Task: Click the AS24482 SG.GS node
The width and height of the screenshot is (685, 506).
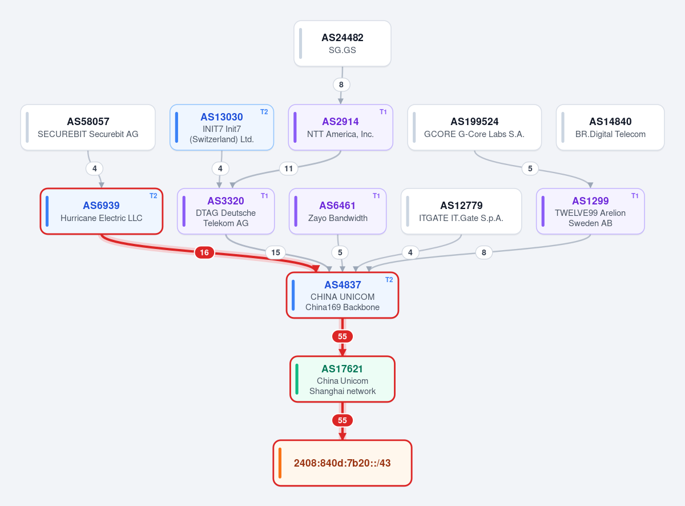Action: pyautogui.click(x=342, y=43)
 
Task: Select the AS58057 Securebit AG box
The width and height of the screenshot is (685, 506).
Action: pyautogui.click(x=88, y=127)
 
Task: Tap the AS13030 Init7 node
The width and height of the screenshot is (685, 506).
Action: pyautogui.click(x=221, y=127)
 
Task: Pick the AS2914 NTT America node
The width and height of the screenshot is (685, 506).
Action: pyautogui.click(x=340, y=127)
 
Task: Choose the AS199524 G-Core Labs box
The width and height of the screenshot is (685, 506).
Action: pyautogui.click(x=474, y=127)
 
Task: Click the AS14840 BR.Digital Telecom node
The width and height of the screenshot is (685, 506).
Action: pyautogui.click(x=610, y=127)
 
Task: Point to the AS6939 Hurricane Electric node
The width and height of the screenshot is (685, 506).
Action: pyautogui.click(x=101, y=211)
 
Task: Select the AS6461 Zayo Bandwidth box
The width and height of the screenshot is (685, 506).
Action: pyautogui.click(x=337, y=211)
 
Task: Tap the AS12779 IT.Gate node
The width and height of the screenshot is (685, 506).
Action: pyautogui.click(x=461, y=211)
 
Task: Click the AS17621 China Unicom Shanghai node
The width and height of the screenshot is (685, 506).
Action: pyautogui.click(x=342, y=379)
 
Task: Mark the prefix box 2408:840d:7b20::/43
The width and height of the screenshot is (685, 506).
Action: pyautogui.click(x=342, y=463)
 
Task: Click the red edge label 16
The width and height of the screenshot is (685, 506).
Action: pyautogui.click(x=204, y=252)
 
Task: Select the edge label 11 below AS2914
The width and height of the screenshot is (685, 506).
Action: pyautogui.click(x=288, y=168)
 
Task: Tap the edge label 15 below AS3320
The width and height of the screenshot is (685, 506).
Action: pyautogui.click(x=276, y=252)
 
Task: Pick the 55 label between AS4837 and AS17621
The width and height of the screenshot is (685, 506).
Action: pyautogui.click(x=342, y=336)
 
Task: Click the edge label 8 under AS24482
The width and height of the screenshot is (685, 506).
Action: pyautogui.click(x=341, y=85)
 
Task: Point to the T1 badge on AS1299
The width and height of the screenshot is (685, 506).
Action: pyautogui.click(x=635, y=196)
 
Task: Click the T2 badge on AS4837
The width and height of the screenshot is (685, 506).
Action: pyautogui.click(x=389, y=280)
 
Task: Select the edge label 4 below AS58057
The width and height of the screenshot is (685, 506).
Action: pyautogui.click(x=95, y=168)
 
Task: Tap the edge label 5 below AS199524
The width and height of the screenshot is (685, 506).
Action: pyautogui.click(x=530, y=168)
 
